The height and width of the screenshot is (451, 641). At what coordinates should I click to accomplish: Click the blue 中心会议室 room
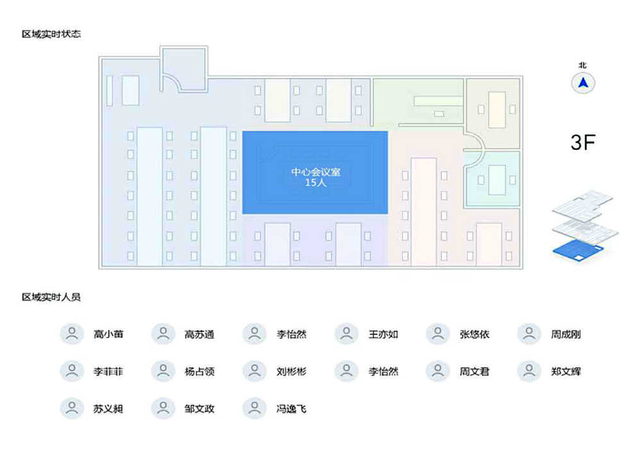pyautogui.click(x=315, y=172)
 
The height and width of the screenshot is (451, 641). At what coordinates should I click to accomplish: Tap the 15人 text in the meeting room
pyautogui.click(x=315, y=183)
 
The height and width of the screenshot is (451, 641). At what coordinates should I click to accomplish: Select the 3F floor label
pyautogui.click(x=583, y=142)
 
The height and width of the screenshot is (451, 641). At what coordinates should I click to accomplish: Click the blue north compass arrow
pyautogui.click(x=583, y=83)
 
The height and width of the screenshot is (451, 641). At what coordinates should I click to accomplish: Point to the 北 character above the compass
pyautogui.click(x=583, y=65)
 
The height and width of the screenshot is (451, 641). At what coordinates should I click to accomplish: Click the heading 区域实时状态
pyautogui.click(x=51, y=34)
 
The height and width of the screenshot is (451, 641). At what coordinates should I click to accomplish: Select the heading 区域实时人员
pyautogui.click(x=51, y=297)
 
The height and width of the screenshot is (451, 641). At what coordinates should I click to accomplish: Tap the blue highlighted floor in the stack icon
pyautogui.click(x=578, y=250)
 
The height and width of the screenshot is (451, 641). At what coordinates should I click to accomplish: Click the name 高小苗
pyautogui.click(x=108, y=334)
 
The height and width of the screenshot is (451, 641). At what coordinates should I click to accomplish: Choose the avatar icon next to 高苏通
pyautogui.click(x=163, y=333)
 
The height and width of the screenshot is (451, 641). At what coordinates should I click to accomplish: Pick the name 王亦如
pyautogui.click(x=383, y=334)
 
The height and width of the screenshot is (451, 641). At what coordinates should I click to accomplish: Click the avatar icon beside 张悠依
pyautogui.click(x=437, y=333)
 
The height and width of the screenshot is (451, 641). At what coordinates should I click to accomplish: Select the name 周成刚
pyautogui.click(x=566, y=334)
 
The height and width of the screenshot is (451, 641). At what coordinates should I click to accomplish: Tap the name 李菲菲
pyautogui.click(x=108, y=372)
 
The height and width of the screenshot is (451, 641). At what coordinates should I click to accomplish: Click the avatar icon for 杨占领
pyautogui.click(x=163, y=370)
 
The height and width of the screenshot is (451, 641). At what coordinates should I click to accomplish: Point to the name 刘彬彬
pyautogui.click(x=292, y=372)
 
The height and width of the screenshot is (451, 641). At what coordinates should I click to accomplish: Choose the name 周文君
pyautogui.click(x=474, y=372)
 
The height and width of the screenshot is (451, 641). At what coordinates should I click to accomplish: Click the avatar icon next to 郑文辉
pyautogui.click(x=529, y=370)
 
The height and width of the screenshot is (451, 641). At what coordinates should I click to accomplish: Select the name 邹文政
pyautogui.click(x=199, y=409)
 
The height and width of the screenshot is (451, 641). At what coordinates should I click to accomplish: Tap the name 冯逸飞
pyautogui.click(x=292, y=409)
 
